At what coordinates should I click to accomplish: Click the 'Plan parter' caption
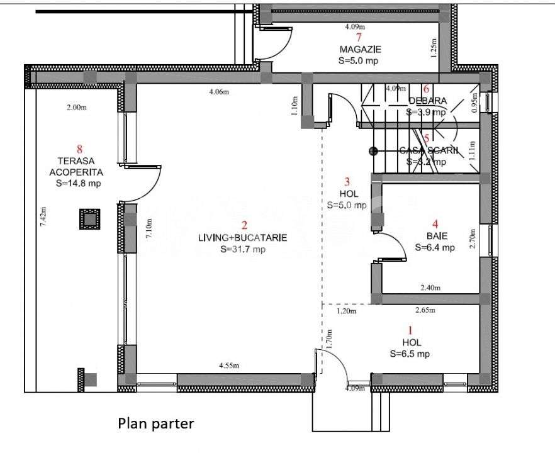pos(156,423)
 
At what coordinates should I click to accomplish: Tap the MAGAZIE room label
pos(360,50)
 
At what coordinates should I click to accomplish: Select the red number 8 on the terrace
pos(79,149)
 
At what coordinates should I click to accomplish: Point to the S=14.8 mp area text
pos(79,183)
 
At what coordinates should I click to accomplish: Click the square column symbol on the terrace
pos(89,219)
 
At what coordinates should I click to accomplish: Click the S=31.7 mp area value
pos(243,249)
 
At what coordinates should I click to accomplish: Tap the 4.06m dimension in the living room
pos(219,92)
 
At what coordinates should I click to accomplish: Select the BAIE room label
pos(434,237)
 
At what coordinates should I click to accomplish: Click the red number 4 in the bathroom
pos(434,223)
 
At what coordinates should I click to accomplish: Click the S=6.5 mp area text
pos(410,354)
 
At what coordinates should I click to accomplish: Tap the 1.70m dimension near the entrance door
pos(327,340)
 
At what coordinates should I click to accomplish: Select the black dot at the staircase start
pos(373,151)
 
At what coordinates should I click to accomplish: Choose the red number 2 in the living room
pos(244,225)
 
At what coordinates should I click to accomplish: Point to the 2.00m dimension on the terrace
pos(76,108)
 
